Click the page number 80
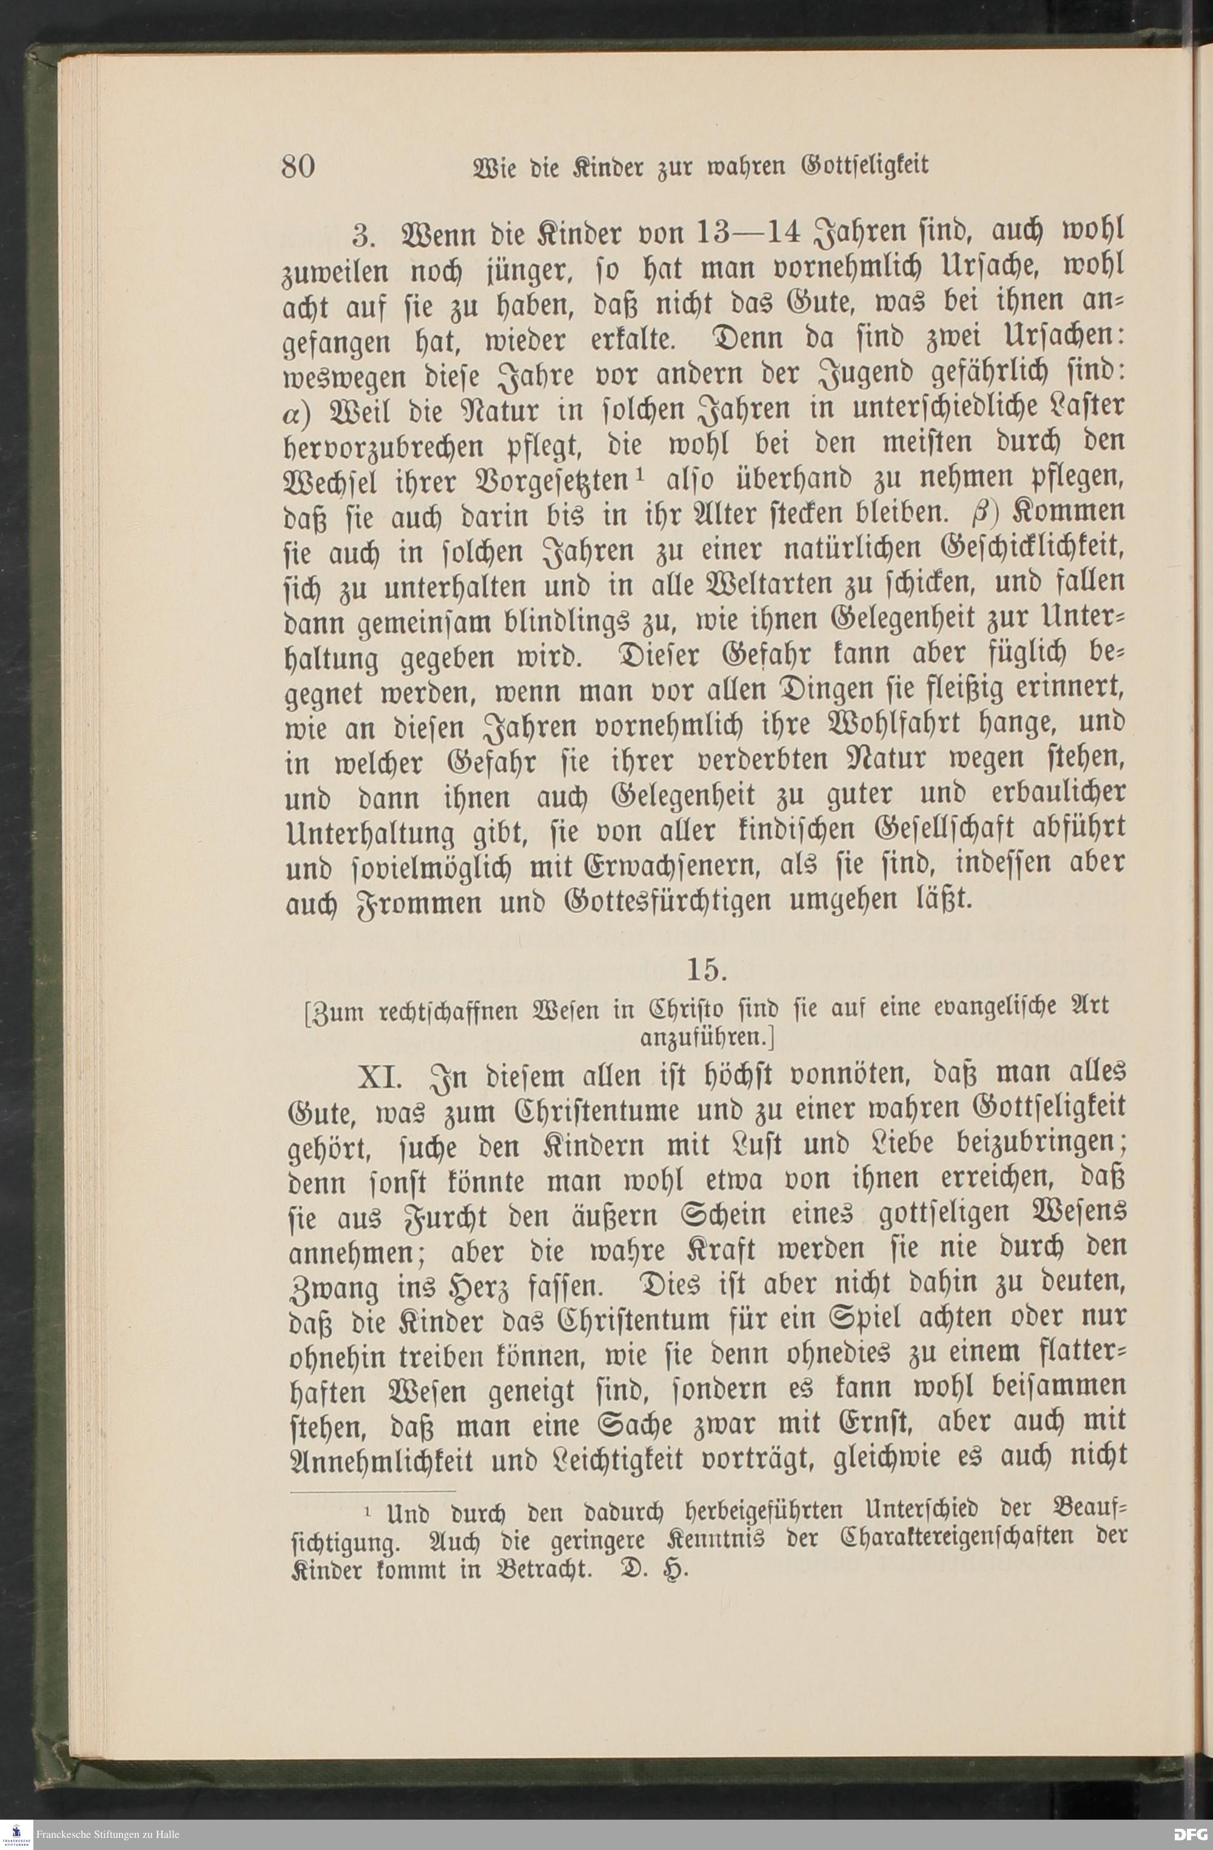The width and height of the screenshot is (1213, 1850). [x=298, y=166]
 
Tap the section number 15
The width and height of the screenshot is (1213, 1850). [x=705, y=971]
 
